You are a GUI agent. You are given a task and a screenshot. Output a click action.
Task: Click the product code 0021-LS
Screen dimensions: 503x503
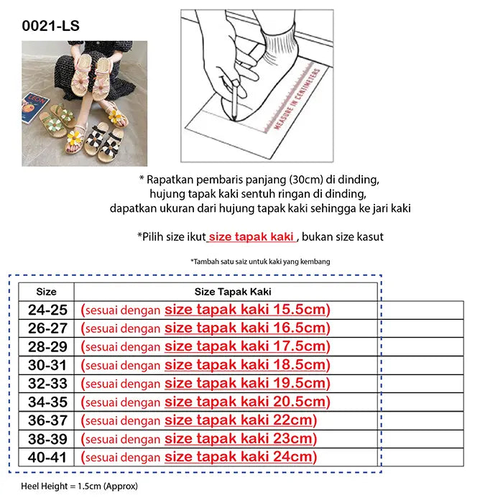click(51, 26)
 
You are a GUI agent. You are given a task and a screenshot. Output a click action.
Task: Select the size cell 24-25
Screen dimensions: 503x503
click(47, 310)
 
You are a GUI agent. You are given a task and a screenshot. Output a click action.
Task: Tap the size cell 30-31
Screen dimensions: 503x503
click(47, 365)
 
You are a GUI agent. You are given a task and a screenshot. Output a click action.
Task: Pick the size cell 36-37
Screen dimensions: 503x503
click(47, 420)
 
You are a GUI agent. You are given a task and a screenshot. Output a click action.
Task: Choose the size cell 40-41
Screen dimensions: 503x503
click(47, 457)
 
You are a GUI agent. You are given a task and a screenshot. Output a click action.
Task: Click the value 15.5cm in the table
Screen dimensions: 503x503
click(300, 309)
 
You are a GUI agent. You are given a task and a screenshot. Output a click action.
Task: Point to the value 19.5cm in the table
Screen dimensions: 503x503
click(300, 383)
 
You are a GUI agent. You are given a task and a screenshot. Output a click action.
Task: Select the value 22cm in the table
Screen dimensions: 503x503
click(292, 420)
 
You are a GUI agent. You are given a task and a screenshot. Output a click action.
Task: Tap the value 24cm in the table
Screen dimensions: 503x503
click(292, 457)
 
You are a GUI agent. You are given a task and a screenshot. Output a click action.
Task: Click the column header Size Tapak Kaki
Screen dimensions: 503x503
click(233, 292)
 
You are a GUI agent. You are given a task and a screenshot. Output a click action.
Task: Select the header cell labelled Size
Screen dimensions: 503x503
click(46, 292)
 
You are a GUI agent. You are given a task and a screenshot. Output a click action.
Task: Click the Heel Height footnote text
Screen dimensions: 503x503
click(79, 486)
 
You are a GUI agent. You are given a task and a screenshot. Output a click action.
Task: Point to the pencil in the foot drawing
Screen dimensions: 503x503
click(235, 101)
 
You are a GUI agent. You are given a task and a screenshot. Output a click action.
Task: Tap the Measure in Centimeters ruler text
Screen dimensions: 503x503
click(297, 99)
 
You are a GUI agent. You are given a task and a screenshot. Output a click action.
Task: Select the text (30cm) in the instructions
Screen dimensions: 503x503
click(306, 180)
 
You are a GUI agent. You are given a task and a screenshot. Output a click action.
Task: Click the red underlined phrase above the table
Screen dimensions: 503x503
click(251, 236)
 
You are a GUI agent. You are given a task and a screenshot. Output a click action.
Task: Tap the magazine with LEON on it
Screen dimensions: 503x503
click(34, 108)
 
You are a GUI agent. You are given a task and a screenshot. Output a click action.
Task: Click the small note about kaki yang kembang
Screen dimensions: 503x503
click(260, 262)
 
